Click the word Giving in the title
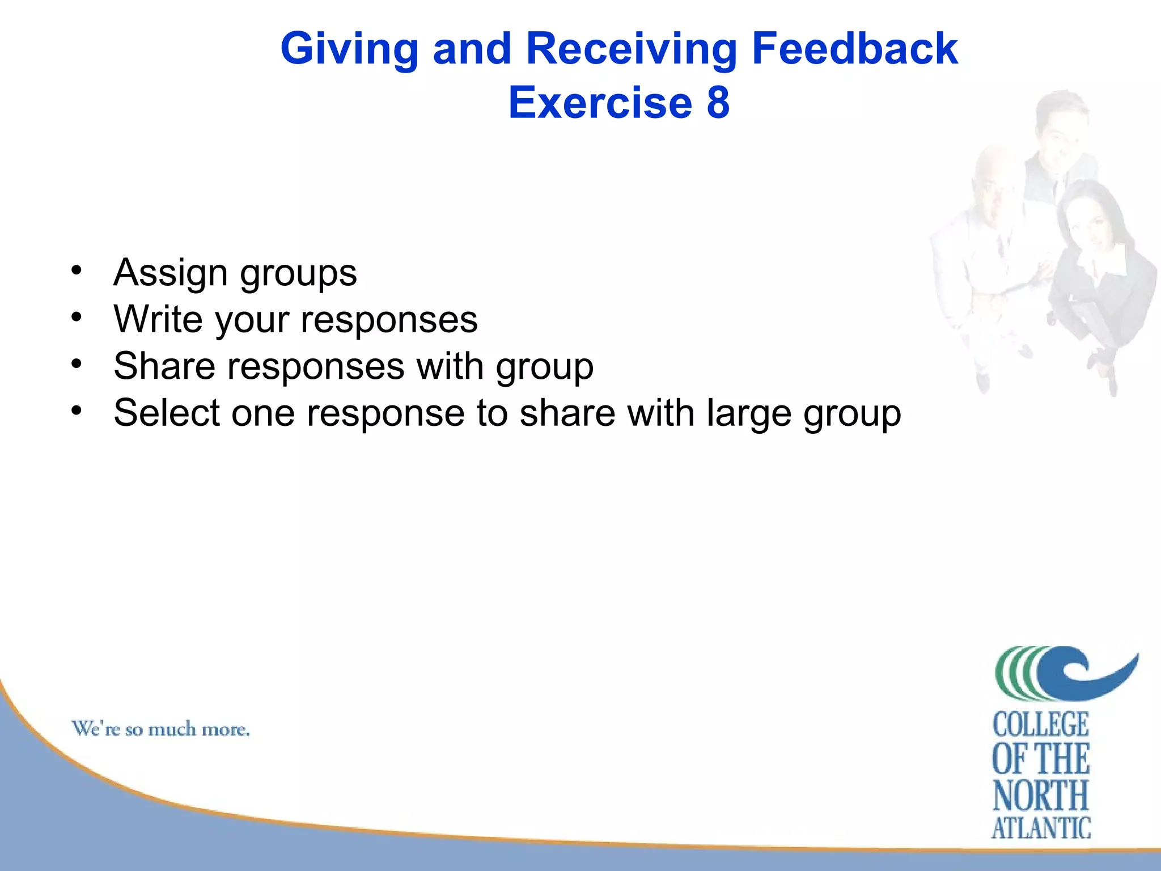pos(349,50)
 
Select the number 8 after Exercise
pos(718,103)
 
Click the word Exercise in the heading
pos(600,103)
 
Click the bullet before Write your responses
pos(77,316)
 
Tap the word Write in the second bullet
pos(158,319)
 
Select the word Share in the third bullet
pos(164,366)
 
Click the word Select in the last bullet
pos(166,412)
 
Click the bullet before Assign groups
pos(77,269)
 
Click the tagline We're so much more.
pos(160,729)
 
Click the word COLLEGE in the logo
pos(1040,725)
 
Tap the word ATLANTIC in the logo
pos(1040,828)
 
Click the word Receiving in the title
pos(631,50)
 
